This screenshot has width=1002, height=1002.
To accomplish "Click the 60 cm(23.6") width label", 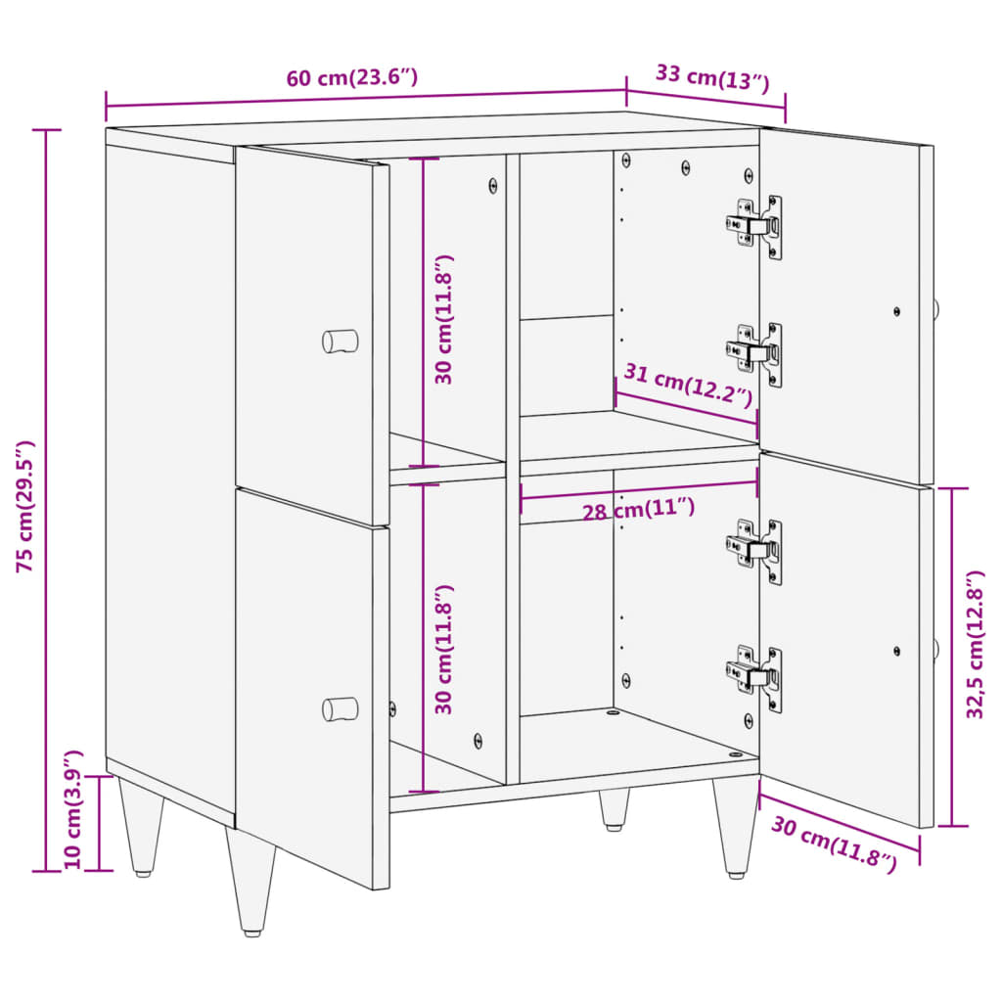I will (x=352, y=78).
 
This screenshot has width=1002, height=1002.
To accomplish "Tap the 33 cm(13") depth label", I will (x=711, y=76).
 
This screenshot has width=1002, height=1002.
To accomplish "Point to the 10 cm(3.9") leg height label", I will (x=73, y=810).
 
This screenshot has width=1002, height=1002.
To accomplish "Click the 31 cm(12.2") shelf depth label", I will (x=689, y=386).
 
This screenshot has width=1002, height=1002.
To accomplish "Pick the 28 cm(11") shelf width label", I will (x=638, y=509).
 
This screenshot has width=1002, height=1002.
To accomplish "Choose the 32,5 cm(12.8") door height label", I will (x=976, y=646).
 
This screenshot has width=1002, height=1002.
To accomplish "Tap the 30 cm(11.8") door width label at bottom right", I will (x=833, y=843).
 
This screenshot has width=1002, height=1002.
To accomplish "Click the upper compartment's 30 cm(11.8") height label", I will (x=445, y=319).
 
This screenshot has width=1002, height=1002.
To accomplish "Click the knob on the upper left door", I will (x=341, y=341).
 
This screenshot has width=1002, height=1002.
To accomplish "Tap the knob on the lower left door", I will (x=341, y=708).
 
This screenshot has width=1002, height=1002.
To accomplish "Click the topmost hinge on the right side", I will (x=755, y=227).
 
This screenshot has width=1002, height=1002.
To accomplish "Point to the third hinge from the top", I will (x=755, y=551).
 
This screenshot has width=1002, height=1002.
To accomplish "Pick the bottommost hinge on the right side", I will (x=755, y=677).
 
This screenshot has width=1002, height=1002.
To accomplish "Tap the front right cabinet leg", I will (x=736, y=828).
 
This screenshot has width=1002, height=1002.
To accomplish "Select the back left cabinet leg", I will (x=141, y=824).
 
